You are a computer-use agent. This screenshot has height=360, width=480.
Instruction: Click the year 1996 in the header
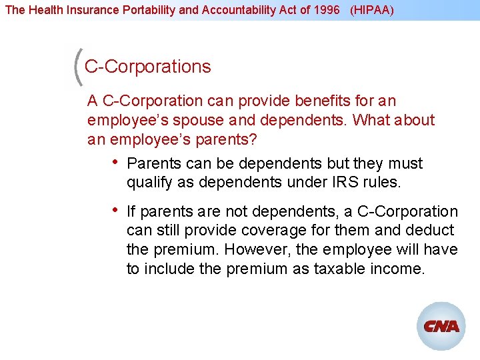coord(327,11)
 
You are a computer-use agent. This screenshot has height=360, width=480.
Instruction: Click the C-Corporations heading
coord(147,67)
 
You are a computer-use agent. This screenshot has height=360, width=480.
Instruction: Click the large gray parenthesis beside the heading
coord(77,67)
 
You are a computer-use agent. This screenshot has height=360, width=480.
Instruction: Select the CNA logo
coord(441,326)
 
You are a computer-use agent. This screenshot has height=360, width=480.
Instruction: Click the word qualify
coord(147,183)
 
